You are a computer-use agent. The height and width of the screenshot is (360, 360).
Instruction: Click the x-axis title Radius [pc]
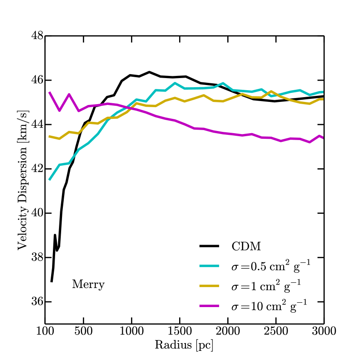click(184, 345)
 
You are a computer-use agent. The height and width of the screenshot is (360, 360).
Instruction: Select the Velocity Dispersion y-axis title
click(22, 179)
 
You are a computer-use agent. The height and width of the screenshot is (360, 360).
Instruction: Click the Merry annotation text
click(88, 285)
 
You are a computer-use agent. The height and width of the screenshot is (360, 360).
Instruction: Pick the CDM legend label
click(246, 247)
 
